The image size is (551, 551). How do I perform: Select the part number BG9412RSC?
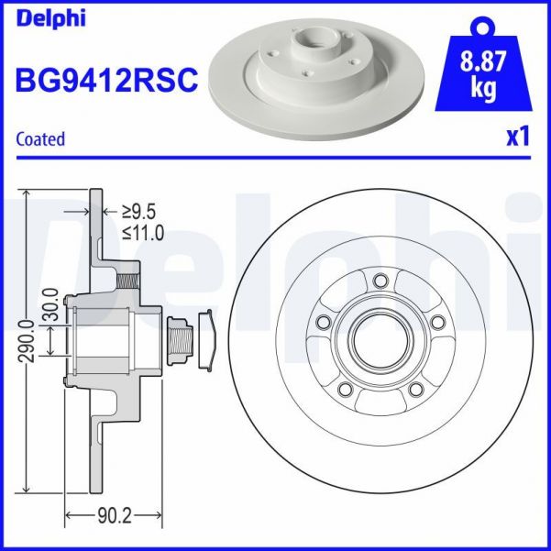point(106,81)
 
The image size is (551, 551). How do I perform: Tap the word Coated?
point(41,139)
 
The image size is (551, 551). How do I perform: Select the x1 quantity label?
point(518,138)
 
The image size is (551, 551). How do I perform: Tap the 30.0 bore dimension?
point(50,305)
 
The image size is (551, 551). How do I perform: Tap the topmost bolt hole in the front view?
point(380,280)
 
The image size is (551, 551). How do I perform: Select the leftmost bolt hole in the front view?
point(322,322)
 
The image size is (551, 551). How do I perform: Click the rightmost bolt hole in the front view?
point(437,321)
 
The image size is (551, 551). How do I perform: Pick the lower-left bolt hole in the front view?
point(344,390)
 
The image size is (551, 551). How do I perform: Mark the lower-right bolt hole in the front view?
point(415,390)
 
